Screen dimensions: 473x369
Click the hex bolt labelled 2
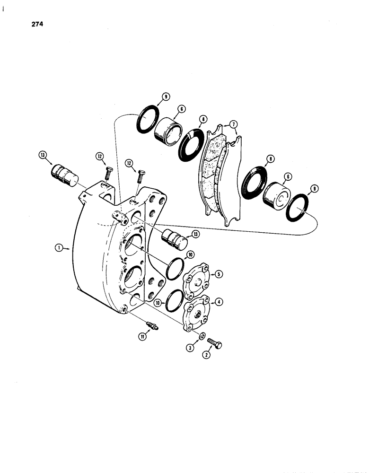215,344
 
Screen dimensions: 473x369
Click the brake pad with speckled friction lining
213,170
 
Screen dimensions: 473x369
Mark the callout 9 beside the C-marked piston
316,189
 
